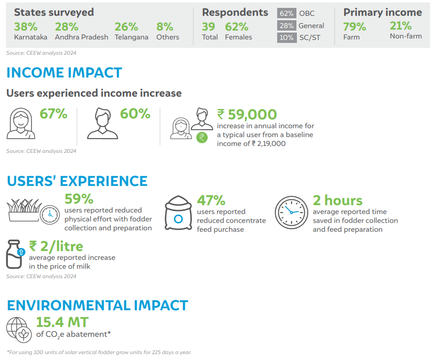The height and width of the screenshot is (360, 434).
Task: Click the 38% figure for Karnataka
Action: [26, 27]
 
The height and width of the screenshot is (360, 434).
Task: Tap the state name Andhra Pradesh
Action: [81, 37]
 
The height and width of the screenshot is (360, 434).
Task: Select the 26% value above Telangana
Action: [126, 27]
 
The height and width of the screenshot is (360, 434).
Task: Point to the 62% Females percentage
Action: [237, 27]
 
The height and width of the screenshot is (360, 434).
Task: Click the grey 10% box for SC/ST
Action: [287, 37]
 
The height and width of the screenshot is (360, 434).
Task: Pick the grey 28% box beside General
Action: [287, 26]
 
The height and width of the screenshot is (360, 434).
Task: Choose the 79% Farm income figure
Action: [355, 27]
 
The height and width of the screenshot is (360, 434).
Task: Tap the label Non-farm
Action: [406, 36]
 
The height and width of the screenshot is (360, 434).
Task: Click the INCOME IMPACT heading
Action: [64, 73]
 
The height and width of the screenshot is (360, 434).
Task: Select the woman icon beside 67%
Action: [21, 123]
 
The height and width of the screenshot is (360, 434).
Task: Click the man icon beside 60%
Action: [103, 123]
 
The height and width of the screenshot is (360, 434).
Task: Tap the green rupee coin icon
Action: [202, 138]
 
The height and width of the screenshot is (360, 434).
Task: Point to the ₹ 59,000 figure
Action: [247, 114]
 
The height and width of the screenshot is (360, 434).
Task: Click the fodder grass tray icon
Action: [24, 210]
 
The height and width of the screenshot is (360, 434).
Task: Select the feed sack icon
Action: [179, 213]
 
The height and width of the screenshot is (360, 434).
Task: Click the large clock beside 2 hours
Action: [291, 213]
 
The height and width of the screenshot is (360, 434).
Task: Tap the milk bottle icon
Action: [14, 254]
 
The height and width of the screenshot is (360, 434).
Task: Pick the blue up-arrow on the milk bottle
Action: [21, 252]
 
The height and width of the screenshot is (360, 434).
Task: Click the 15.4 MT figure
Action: [62, 323]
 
